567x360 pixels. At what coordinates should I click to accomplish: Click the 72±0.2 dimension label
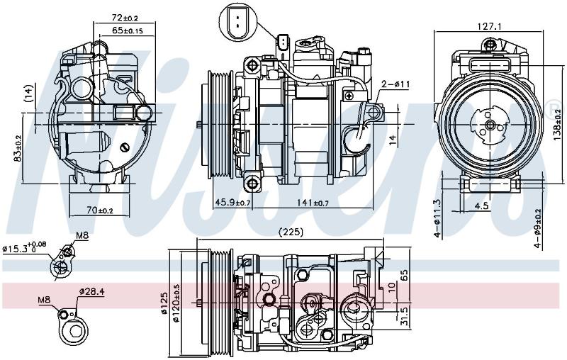pos(125,18)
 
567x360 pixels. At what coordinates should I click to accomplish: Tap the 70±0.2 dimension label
pos(100,210)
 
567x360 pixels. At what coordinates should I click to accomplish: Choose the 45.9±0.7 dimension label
pos(232,203)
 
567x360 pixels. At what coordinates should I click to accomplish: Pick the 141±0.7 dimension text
pos(313,203)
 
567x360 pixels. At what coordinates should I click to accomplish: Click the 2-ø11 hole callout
pos(396,84)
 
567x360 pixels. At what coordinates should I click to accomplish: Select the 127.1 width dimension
pos(489,26)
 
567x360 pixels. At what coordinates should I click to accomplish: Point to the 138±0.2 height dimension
pos(558,125)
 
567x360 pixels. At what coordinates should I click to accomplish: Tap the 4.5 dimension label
pos(481,206)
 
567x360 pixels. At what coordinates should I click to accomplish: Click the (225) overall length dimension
pos(292,232)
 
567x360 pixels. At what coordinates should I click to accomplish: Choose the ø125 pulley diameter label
pos(164,303)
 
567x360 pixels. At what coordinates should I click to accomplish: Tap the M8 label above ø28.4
pos(44,300)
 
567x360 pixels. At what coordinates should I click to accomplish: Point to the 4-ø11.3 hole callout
pos(438,218)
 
